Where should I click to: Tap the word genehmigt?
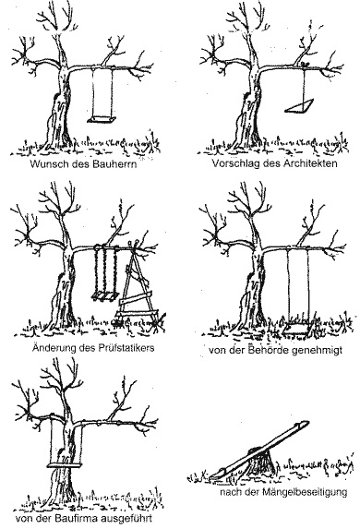coord(317,350)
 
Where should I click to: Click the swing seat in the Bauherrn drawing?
coord(102,120)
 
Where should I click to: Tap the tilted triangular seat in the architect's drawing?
coord(301,105)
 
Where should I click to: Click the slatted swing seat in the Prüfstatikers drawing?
coord(105,295)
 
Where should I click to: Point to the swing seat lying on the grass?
coord(297,329)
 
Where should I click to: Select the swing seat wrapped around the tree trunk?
coord(65,466)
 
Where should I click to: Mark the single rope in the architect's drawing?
coord(305,85)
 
